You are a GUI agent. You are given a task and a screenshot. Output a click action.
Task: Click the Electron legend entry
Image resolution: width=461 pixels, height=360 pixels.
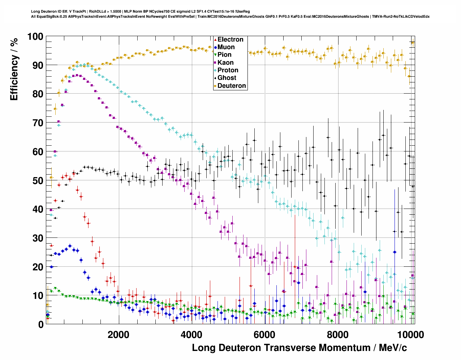[x=230, y=39]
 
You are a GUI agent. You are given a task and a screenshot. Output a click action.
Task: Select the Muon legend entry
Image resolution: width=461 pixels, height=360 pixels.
[x=226, y=47]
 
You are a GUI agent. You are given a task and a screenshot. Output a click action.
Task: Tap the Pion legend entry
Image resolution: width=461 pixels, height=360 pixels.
[x=224, y=55]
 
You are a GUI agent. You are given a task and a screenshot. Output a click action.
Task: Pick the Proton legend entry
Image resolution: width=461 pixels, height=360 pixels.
[x=228, y=70]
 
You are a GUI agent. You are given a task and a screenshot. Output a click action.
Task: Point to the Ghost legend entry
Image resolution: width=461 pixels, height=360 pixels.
[x=227, y=78]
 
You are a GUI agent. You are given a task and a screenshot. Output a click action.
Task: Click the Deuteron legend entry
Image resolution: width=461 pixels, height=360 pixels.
[x=232, y=86]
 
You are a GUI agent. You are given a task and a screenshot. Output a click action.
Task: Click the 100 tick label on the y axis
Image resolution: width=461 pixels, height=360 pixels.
[x=35, y=37]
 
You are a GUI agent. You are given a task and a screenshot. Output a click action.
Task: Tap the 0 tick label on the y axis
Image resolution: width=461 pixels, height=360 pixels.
[x=41, y=325]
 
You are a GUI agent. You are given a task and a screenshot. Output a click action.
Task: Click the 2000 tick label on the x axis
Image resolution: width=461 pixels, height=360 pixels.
[x=118, y=334]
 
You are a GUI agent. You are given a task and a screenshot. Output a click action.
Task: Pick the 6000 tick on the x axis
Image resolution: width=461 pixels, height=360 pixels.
[x=265, y=334]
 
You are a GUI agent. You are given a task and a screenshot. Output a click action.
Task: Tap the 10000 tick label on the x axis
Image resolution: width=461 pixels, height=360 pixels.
[x=410, y=334]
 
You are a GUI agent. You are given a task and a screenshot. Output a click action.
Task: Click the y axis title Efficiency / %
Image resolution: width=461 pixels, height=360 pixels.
[x=14, y=69]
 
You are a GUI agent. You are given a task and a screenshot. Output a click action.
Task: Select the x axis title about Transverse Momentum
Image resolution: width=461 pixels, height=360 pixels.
[x=299, y=348]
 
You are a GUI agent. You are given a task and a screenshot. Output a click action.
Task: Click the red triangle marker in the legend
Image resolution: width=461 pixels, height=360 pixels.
[x=216, y=39]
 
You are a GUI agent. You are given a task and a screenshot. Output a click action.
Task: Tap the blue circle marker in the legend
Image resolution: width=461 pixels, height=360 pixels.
[x=216, y=47]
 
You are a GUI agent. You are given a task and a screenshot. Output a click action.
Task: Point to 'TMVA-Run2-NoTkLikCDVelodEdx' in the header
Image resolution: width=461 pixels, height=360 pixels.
[x=401, y=16]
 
